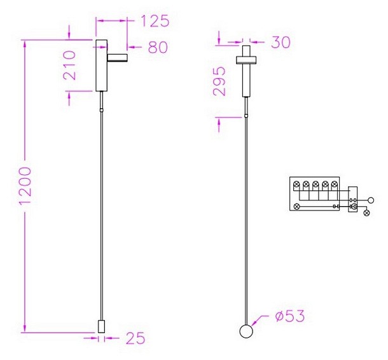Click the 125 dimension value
pos(155,21)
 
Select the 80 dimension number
pos(158,47)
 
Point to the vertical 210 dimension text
pos(69,65)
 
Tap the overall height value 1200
pos(25,185)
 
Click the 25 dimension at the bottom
pos(135,338)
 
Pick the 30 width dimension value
pos(281,42)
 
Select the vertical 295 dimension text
pos(219,81)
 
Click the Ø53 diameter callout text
pos(290,315)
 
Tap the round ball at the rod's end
pos(246,331)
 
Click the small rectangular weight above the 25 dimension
pos(102,326)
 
